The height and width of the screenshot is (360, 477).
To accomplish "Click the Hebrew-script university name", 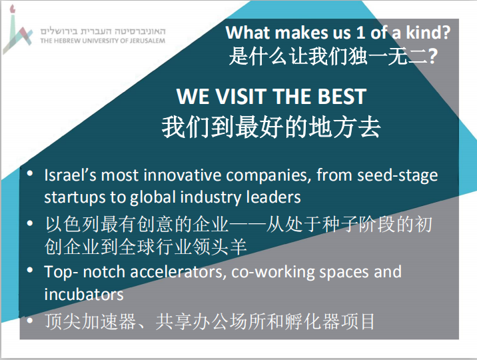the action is coord(103,31).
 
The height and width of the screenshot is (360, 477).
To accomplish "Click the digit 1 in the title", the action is coord(360,32).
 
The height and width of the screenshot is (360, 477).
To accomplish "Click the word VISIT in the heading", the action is coord(241,97).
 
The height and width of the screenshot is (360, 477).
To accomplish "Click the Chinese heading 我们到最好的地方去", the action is coord(271,127).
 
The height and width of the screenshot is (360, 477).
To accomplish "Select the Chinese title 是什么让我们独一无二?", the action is coord(333,56).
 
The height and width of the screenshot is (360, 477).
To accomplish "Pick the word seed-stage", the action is coord(398,176).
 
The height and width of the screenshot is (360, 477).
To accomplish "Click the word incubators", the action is coord(84,294).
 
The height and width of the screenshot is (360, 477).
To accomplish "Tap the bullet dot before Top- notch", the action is coord(30,270).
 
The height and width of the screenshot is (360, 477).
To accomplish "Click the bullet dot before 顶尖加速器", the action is coord(30,321).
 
